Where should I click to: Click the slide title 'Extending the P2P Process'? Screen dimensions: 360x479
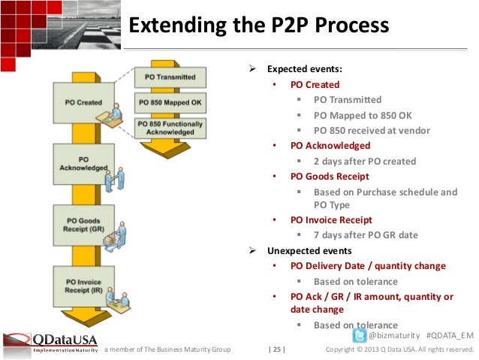pyautogui.click(x=259, y=26)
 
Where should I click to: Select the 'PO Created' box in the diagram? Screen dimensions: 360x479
pyautogui.click(x=79, y=102)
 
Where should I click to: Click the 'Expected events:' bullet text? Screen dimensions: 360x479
pyautogui.click(x=305, y=69)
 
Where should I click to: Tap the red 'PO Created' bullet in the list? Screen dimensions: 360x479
pyautogui.click(x=315, y=84)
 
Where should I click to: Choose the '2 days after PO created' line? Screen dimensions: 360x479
pyautogui.click(x=364, y=161)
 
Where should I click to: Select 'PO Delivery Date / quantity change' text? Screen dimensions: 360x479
pyautogui.click(x=368, y=265)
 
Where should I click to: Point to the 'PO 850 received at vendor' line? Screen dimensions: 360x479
pyautogui.click(x=372, y=130)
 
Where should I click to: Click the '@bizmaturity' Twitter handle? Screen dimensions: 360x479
pyautogui.click(x=393, y=334)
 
